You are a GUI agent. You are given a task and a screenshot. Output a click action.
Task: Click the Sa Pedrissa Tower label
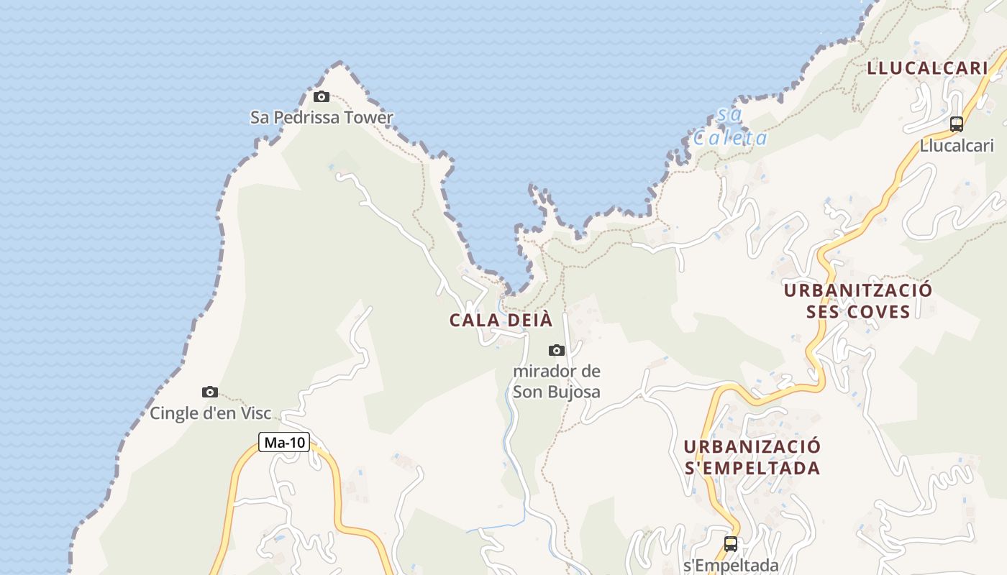click(322, 117)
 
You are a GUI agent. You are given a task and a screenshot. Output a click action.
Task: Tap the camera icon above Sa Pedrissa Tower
click(322, 96)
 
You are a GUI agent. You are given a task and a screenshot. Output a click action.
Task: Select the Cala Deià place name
click(501, 320)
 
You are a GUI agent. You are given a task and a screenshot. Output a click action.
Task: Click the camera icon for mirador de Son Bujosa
click(557, 350)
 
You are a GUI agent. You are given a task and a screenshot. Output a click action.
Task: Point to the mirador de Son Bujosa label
click(557, 382)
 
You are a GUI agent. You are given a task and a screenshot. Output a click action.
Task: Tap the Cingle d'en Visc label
click(211, 413)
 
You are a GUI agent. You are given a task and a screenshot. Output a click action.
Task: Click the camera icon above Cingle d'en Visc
click(210, 392)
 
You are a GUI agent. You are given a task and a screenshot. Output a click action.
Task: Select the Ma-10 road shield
click(285, 442)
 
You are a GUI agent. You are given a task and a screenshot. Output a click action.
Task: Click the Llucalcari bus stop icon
click(957, 124)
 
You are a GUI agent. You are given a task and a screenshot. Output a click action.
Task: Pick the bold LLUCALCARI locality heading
click(927, 68)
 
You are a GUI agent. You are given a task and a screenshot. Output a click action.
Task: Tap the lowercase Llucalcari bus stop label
click(957, 145)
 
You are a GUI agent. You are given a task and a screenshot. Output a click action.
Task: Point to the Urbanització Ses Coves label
click(858, 300)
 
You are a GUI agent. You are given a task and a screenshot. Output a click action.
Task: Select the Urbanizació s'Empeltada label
click(752, 457)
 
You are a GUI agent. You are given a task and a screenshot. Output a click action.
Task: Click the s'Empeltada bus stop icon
click(731, 544)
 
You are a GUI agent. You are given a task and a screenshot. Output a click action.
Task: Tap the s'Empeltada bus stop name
click(731, 565)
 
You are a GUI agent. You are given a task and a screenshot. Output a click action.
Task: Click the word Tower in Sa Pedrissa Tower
click(368, 117)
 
